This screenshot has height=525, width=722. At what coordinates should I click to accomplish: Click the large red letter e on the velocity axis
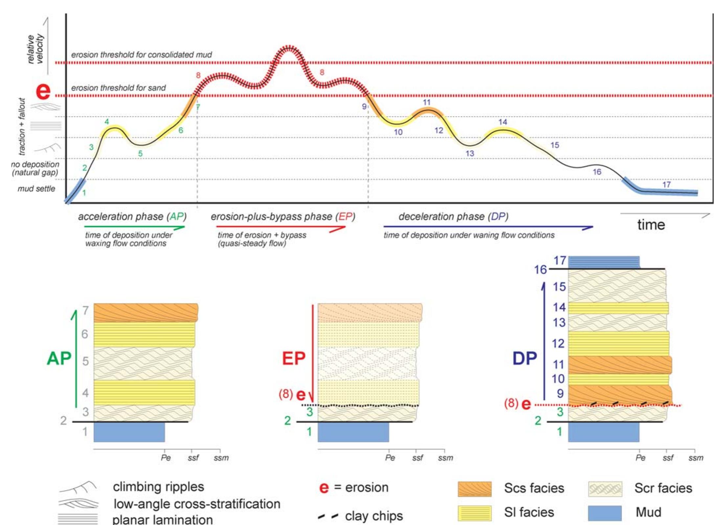43,91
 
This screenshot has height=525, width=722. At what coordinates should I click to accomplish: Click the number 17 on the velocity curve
666,184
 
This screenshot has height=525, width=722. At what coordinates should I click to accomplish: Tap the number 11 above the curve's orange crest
426,102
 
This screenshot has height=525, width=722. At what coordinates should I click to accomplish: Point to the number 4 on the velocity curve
107,122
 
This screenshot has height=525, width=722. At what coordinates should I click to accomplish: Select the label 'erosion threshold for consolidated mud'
141,54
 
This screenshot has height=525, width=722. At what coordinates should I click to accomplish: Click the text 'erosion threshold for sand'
118,88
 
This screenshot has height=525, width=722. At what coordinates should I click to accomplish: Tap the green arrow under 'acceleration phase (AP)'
135,227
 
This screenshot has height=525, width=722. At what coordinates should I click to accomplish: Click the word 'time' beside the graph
651,225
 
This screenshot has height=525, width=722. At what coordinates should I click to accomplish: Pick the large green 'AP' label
59,358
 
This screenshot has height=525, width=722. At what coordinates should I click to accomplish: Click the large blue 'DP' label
525,358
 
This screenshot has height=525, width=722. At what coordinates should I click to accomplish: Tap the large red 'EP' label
294,358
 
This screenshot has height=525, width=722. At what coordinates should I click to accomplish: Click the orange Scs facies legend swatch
475,489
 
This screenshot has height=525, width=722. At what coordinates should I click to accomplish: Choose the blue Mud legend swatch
605,513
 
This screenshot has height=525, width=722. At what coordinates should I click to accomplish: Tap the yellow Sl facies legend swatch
475,513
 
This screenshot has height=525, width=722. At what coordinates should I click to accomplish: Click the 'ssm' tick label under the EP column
445,458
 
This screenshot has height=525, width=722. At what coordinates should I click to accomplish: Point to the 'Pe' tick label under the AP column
166,457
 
